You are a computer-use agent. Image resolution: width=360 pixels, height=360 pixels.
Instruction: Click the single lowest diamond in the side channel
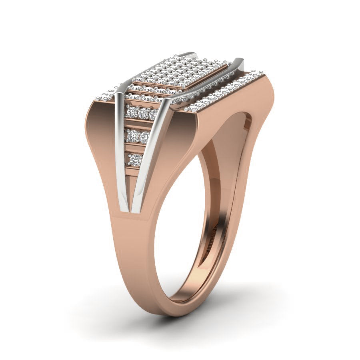pyautogui.click(x=135, y=160)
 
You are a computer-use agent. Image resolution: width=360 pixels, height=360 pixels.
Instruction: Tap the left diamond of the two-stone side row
pyautogui.click(x=131, y=136)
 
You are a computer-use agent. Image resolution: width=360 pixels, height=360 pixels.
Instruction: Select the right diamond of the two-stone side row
pyautogui.click(x=144, y=137)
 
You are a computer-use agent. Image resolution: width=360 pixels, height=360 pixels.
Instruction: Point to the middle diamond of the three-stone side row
pyautogui.click(x=143, y=113)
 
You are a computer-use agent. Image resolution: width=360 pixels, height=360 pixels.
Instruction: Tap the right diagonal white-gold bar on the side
pyautogui.click(x=150, y=160)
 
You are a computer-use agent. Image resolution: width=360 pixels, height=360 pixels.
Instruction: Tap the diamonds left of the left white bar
pyautogui.click(x=106, y=96)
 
